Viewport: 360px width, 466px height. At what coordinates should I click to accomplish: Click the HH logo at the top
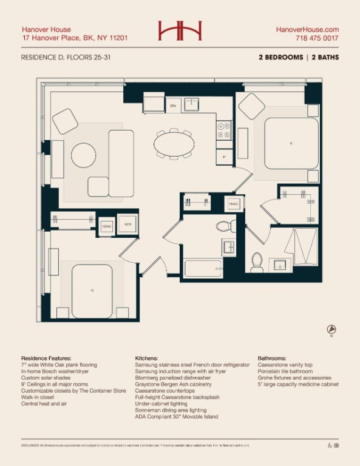[180, 31]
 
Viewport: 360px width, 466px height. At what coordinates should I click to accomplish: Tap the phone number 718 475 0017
[316, 38]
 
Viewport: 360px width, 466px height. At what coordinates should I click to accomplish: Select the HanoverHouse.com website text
[307, 29]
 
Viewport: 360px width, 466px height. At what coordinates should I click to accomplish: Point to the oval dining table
[175, 144]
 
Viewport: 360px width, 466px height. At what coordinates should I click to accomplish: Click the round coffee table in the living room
[84, 155]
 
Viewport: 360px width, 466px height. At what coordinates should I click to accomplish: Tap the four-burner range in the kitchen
[223, 130]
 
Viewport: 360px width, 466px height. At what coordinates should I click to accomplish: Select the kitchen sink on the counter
[192, 105]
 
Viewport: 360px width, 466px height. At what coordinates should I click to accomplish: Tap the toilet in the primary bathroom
[257, 261]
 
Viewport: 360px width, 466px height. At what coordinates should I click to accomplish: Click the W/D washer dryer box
[128, 225]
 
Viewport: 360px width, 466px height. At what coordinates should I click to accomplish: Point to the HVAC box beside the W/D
[107, 225]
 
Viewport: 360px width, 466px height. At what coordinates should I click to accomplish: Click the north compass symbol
[331, 330]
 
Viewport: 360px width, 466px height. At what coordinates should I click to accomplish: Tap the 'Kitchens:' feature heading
[147, 359]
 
